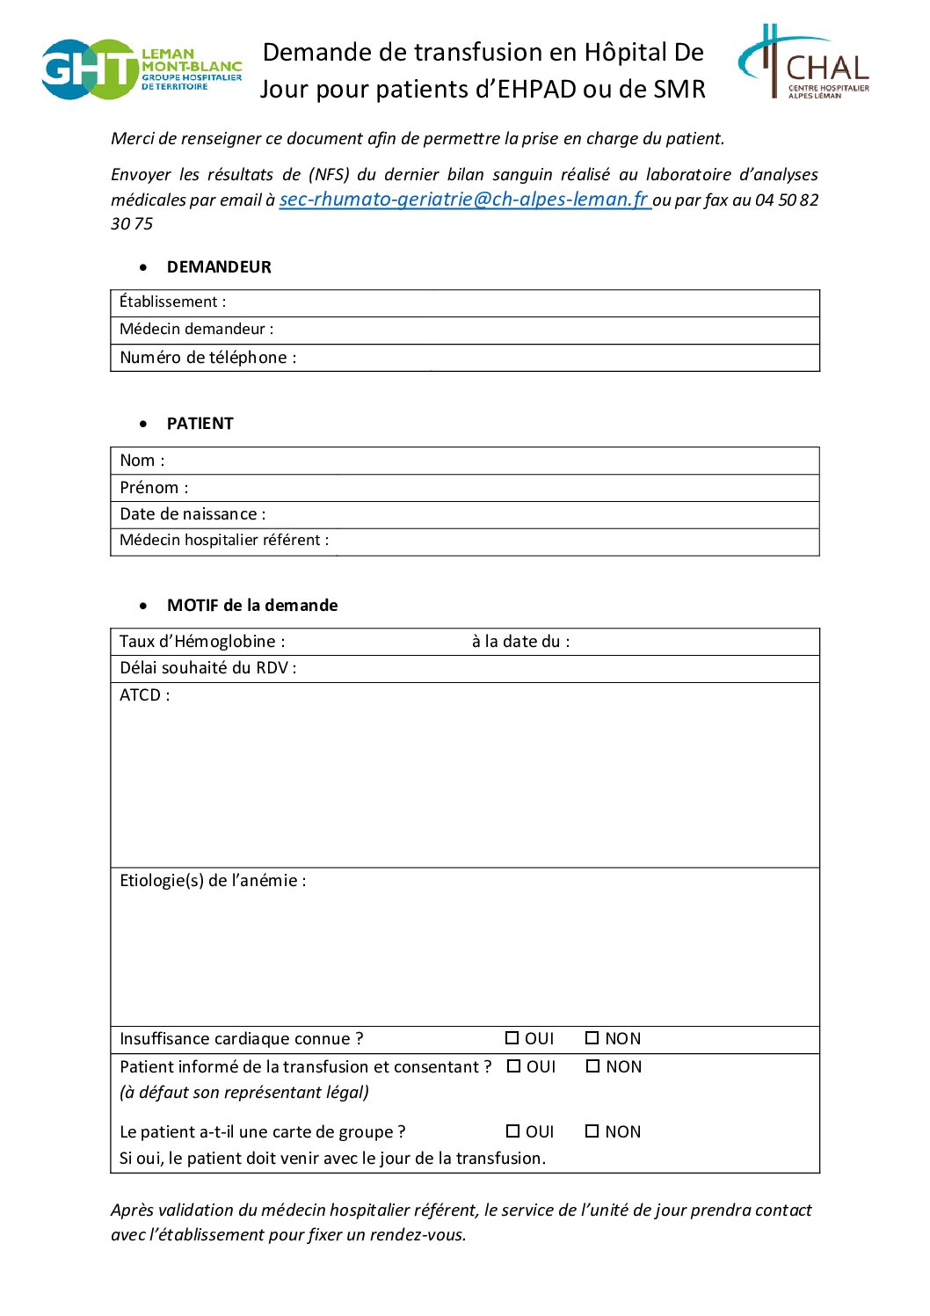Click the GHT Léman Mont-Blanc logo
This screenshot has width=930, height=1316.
(141, 69)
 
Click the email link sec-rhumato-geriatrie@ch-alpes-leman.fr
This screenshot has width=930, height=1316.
(464, 200)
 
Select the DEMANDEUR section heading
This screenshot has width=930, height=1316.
(219, 267)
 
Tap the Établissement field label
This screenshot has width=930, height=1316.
(172, 302)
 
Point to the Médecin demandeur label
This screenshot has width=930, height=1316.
(196, 330)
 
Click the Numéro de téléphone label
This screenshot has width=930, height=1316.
(207, 358)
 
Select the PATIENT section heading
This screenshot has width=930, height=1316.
(200, 424)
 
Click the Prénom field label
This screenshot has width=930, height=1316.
(154, 488)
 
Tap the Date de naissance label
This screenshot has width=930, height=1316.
(193, 514)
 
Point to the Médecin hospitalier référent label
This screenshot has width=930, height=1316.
(224, 541)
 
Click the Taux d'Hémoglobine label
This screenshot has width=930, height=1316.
(202, 642)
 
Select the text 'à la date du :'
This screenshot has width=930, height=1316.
(520, 642)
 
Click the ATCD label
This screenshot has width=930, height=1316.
(145, 695)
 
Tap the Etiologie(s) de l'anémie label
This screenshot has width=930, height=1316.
(213, 881)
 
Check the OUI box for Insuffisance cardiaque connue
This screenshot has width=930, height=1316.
(512, 1038)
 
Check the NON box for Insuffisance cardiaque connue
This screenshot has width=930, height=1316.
(592, 1038)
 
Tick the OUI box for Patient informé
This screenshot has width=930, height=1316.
(514, 1066)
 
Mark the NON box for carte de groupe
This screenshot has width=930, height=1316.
(592, 1131)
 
